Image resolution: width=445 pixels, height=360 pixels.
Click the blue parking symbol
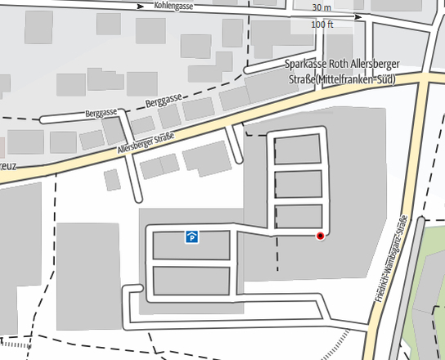[191, 237]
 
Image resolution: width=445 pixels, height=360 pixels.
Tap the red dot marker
[320, 236]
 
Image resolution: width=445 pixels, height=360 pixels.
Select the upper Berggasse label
[162, 101]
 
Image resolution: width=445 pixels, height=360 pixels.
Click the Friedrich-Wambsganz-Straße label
[392, 258]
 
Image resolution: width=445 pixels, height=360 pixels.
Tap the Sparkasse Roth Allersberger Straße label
[339, 64]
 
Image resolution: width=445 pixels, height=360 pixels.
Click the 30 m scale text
[322, 7]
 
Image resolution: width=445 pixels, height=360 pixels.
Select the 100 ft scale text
[322, 25]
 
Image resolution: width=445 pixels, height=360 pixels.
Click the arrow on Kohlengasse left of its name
[141, 5]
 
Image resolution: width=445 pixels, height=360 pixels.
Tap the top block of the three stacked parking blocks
[297, 150]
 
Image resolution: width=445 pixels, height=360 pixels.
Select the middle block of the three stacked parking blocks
[297, 184]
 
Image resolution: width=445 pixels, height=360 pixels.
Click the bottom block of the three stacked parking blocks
[297, 216]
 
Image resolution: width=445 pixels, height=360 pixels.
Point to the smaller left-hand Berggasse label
[101, 112]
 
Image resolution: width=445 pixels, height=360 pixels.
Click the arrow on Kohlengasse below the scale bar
[357, 16]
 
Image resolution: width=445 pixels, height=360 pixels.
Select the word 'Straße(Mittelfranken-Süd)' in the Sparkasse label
[341, 79]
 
